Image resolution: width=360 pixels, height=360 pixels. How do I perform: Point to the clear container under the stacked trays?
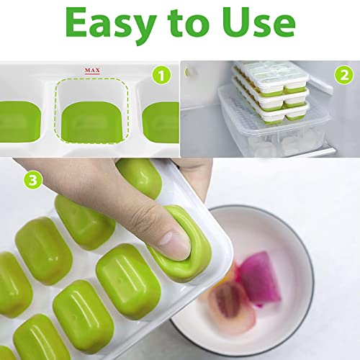[274, 137]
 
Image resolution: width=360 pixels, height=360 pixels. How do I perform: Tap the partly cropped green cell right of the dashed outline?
[161, 121]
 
